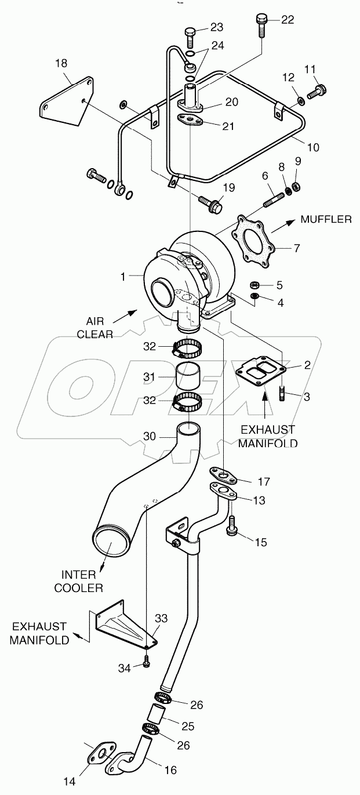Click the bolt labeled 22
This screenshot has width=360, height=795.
(261, 26)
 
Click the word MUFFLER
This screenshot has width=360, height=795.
(325, 219)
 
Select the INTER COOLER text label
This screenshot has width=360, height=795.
(78, 580)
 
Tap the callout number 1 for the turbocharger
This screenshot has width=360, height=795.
(123, 277)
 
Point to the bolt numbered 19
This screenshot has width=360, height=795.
(210, 203)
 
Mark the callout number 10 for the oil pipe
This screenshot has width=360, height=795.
(312, 147)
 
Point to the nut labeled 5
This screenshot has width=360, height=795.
(253, 285)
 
